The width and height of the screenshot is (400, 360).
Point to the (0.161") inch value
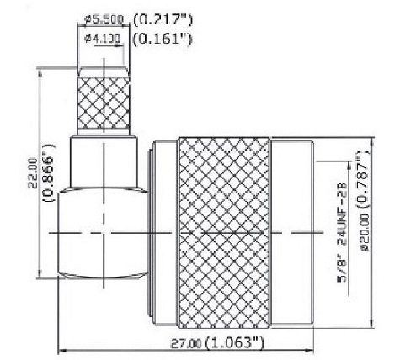click(162, 38)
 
